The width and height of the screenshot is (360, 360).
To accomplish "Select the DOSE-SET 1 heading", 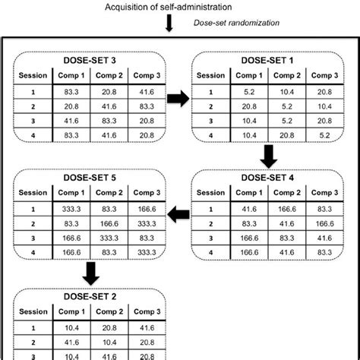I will [275, 60].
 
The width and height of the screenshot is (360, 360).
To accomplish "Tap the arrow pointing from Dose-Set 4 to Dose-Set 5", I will [180, 216].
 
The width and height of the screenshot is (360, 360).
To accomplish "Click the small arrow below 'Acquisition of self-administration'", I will [169, 23].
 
